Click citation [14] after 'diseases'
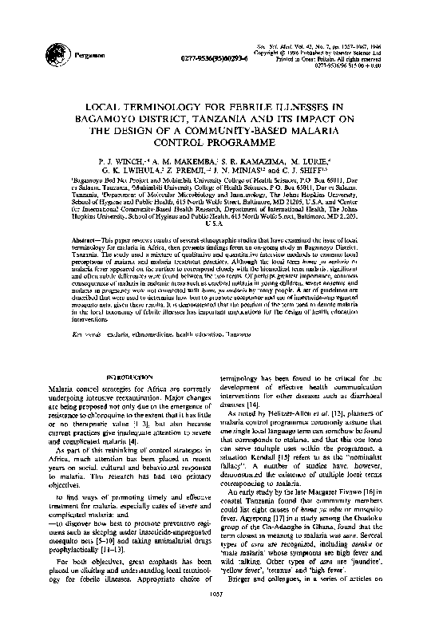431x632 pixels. (250, 405)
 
